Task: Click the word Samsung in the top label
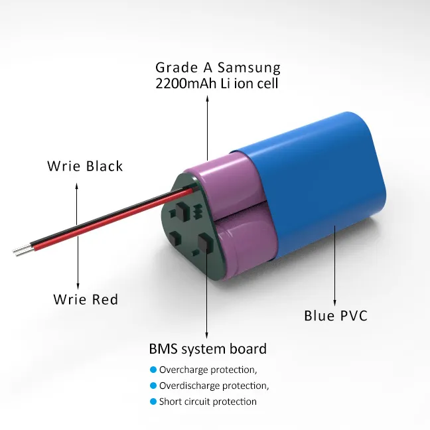pos(248,68)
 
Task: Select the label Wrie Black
pos(85,166)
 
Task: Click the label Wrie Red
pos(86,300)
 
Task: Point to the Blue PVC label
pos(336,316)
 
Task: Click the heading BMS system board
pos(208,349)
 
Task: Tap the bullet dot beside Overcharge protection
pos(153,370)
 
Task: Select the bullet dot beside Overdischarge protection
pos(153,386)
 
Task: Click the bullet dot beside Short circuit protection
pos(153,401)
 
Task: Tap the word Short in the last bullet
pos(169,401)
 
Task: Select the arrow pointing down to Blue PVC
pos(335,265)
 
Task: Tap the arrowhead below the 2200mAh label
pos(208,99)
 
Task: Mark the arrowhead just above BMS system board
pos(208,334)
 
